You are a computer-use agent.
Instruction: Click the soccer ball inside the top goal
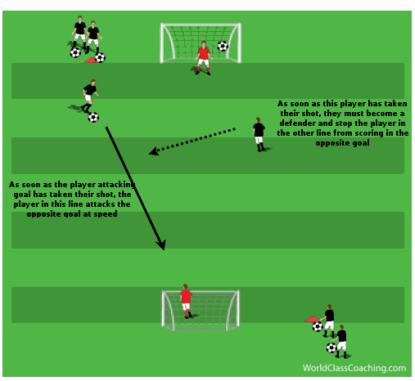pos(223,46)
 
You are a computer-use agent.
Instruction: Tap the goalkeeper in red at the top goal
pos(203,58)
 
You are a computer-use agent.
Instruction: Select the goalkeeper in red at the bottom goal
pos(186,301)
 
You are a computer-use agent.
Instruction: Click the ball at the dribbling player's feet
pos(93,118)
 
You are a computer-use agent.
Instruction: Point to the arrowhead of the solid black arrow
pos(161,244)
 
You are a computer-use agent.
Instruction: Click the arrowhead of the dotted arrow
pos(154,151)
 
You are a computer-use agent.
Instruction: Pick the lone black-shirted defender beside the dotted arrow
pos(259,134)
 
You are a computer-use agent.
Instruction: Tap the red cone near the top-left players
pos(90,61)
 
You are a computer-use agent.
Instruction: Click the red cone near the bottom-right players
pos(312,319)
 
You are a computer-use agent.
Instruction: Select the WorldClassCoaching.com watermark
pos(354,368)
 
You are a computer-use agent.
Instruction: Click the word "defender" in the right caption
pos(298,123)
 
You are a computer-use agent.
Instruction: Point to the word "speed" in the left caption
pos(106,213)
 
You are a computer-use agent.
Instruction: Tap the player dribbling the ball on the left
pos(89,96)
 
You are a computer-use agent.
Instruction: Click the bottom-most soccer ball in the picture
pos(332,347)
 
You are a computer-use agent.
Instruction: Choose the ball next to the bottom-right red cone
pos(318,326)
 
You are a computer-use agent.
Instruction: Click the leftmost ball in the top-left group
pos(75,52)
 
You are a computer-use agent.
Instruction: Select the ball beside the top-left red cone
pos(100,58)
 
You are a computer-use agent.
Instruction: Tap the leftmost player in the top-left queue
pos(79,33)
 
